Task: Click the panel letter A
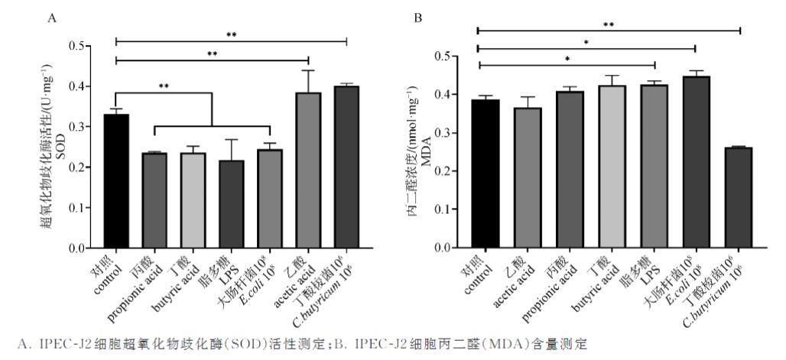click(x=52, y=17)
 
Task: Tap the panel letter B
click(x=418, y=17)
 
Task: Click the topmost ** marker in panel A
click(x=232, y=34)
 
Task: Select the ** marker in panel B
click(x=609, y=24)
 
